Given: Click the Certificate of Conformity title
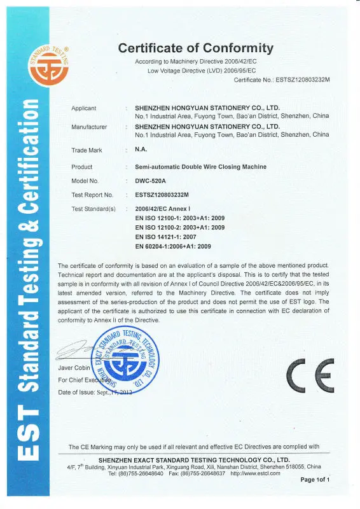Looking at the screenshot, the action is (196, 48).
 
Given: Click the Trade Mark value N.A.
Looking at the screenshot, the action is (141, 150).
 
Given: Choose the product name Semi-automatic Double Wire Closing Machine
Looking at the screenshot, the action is (200, 167).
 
